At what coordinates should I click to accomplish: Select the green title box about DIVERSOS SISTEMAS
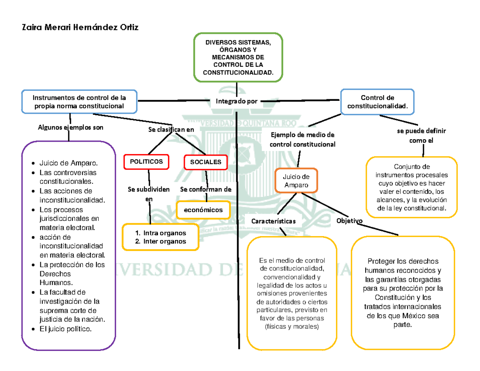[238, 58]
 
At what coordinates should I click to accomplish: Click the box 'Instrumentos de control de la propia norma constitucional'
[79, 101]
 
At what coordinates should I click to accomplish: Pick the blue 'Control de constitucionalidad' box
[377, 102]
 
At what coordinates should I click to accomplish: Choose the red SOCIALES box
[205, 162]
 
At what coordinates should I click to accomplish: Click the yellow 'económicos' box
[204, 210]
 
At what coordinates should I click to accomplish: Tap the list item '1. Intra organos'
[161, 233]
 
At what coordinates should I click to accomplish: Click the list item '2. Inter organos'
[161, 241]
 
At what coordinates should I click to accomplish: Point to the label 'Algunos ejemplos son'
[70, 128]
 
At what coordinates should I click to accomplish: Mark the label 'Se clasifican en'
[171, 129]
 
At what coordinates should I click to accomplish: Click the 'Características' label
[274, 221]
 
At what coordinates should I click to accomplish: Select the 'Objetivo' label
[350, 221]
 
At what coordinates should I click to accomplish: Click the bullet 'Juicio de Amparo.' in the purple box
[68, 163]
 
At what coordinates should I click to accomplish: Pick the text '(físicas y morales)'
[292, 327]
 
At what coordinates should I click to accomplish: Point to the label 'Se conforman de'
[206, 189]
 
